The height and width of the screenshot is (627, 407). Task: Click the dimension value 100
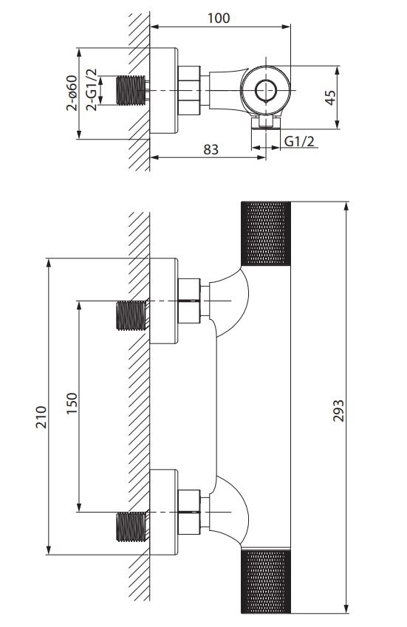[x=219, y=18]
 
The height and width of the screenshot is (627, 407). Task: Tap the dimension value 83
[x=211, y=149]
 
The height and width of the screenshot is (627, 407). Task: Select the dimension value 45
[x=330, y=97]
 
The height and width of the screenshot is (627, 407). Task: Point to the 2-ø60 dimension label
[x=72, y=93]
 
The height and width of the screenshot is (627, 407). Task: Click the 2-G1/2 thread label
[x=92, y=89]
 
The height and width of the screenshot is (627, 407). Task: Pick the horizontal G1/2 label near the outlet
[x=299, y=141]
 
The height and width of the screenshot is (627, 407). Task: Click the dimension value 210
[x=41, y=417]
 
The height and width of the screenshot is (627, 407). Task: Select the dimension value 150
[x=72, y=403]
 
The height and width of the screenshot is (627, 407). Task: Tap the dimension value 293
[x=338, y=411]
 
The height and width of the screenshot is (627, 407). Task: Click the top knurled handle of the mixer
[x=265, y=233]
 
